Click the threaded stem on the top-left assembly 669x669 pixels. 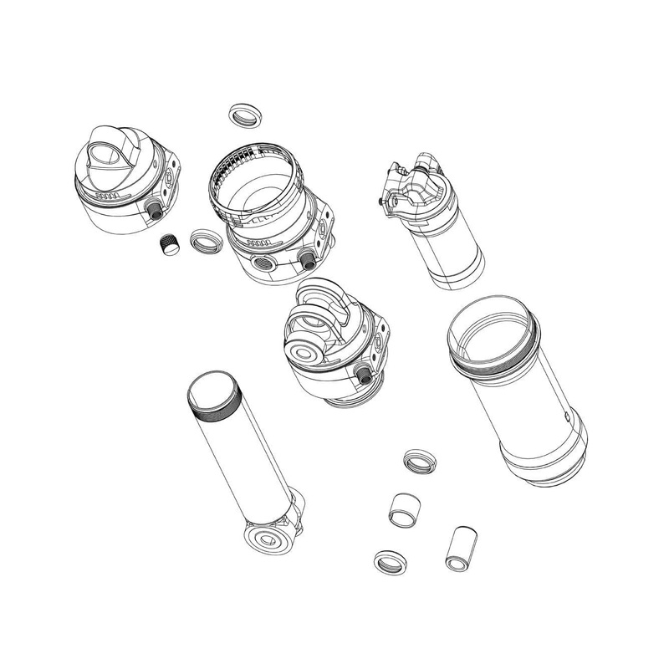154,210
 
